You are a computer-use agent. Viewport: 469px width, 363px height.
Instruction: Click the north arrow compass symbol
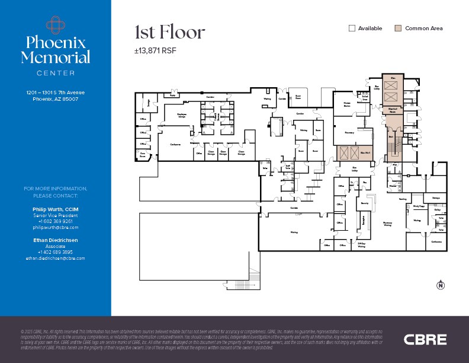tap(440, 285)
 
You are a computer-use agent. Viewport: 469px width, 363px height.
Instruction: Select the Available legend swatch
tap(352, 28)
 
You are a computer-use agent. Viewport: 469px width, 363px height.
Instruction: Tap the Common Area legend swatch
tap(398, 28)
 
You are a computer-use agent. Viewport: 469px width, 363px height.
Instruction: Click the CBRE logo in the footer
tap(425, 340)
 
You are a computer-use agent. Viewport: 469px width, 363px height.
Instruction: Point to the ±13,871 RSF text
tap(155, 51)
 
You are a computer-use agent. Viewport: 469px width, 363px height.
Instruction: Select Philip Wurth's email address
tap(56, 227)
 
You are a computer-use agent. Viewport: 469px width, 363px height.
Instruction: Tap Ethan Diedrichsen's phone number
tap(56, 252)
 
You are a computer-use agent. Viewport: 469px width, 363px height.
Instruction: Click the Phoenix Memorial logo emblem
tap(56, 24)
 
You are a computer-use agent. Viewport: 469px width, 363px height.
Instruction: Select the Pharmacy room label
tap(349, 133)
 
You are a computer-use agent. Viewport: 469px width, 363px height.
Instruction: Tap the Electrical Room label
tap(392, 110)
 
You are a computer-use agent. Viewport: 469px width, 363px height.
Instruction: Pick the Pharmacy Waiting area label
tap(388, 224)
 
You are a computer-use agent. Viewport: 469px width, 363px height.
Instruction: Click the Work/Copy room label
tap(418, 206)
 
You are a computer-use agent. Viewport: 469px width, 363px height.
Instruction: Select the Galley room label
tap(438, 210)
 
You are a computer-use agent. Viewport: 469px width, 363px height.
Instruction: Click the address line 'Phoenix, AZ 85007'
tap(56, 99)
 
